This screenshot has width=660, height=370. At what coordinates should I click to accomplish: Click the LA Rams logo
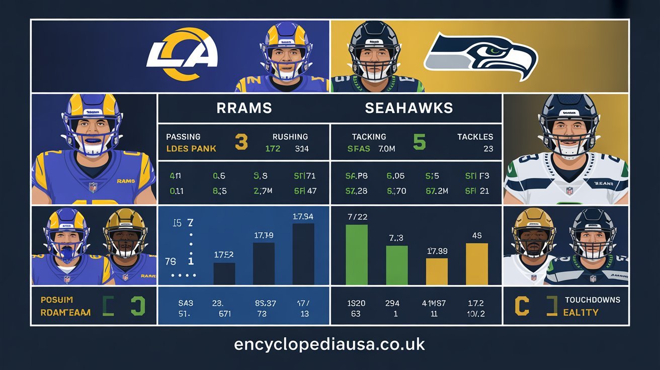point(182,54)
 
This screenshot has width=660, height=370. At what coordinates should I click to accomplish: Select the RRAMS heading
point(244,108)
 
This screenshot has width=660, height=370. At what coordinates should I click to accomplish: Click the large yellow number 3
point(241,142)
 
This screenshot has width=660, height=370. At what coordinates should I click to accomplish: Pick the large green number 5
point(419,142)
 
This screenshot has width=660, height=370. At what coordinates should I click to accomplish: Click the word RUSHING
point(290,137)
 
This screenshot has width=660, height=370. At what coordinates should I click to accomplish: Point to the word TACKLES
point(475,137)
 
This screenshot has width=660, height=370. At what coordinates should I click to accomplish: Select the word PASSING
point(183,137)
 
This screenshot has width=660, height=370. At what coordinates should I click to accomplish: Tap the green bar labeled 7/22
point(357,255)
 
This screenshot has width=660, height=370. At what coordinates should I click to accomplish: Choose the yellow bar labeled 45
point(477,264)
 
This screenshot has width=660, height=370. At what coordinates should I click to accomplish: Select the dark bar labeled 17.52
point(224,273)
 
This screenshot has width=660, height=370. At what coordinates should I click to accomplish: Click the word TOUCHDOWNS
point(592,300)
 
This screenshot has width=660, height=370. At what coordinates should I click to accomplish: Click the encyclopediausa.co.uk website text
point(329,344)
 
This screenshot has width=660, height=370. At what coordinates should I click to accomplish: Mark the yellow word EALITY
point(581,312)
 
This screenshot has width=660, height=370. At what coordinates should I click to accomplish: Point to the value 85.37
point(265,303)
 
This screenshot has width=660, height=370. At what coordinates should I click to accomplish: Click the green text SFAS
point(358,149)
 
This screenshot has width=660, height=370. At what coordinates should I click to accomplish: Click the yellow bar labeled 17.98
point(437,271)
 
